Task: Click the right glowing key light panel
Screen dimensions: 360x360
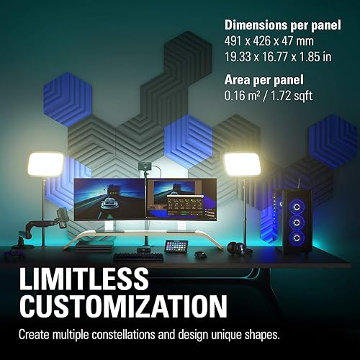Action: coord(240,165)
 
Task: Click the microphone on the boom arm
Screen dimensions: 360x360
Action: coord(63,215)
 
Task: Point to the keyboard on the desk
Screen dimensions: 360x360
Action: coord(138,256)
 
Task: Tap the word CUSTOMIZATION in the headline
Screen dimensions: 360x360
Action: coord(121,310)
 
